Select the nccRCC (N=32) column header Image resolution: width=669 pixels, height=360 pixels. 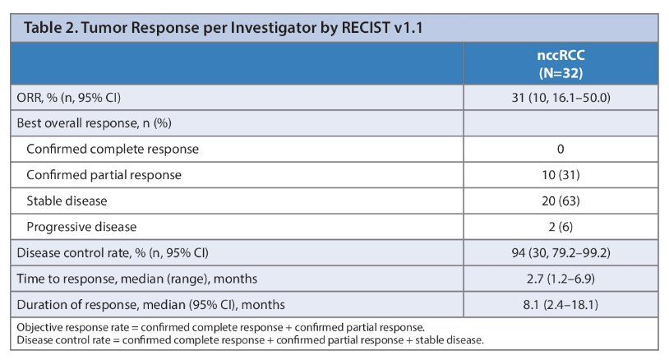click(x=561, y=64)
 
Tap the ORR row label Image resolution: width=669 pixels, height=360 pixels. click(x=69, y=98)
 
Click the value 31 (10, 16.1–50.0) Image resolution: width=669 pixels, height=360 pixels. click(x=561, y=98)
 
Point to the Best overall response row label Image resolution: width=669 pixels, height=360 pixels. click(x=94, y=123)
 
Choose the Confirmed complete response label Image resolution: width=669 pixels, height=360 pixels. click(x=113, y=149)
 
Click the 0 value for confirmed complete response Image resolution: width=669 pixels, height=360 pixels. click(x=561, y=149)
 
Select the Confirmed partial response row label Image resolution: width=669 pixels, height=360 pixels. click(x=104, y=175)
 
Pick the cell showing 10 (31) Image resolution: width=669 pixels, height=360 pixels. click(x=561, y=175)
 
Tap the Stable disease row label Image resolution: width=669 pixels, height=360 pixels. click(x=67, y=201)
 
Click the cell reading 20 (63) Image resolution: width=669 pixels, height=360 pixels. click(x=561, y=201)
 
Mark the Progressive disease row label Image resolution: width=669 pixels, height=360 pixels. click(x=81, y=227)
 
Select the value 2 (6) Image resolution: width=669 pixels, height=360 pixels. click(x=561, y=227)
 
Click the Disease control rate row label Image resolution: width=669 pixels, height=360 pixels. click(x=113, y=253)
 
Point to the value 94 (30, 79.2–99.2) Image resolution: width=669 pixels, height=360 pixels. click(x=561, y=253)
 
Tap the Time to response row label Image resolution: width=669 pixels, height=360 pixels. click(x=137, y=279)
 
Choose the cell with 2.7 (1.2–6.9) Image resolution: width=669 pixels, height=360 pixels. click(x=561, y=279)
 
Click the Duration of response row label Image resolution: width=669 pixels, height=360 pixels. click(x=150, y=305)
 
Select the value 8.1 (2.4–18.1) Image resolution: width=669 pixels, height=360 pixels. click(x=561, y=305)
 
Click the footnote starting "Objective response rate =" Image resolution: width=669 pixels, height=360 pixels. click(x=220, y=328)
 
